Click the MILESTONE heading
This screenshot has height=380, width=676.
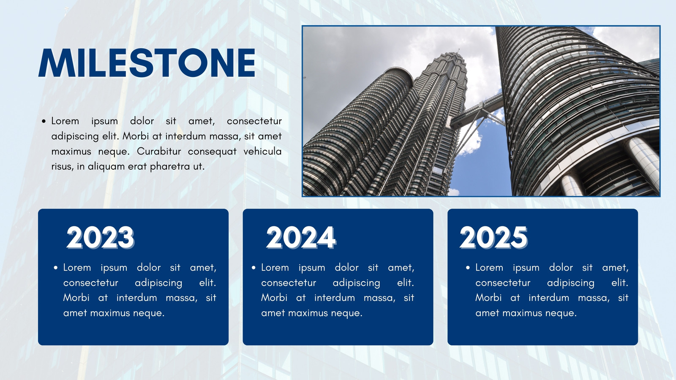pos(147,63)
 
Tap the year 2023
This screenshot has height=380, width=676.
pos(100,238)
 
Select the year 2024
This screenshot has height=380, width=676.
pos(301,238)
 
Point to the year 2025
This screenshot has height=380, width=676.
pos(494,238)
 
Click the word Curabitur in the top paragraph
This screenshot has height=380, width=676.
pos(159,151)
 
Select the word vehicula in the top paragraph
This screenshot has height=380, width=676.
pos(262,151)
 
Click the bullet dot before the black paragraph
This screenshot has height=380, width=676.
pos(44,121)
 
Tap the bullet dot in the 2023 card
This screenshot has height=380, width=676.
pos(55,268)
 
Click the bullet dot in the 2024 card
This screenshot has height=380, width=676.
pos(253,268)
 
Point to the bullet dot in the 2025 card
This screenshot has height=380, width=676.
pos(468,268)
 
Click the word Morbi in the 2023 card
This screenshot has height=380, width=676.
pos(76,298)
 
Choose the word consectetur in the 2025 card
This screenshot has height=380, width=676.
pos(503,283)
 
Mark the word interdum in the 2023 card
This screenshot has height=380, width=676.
pos(137,298)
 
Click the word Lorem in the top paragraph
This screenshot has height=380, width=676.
pos(65,121)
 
